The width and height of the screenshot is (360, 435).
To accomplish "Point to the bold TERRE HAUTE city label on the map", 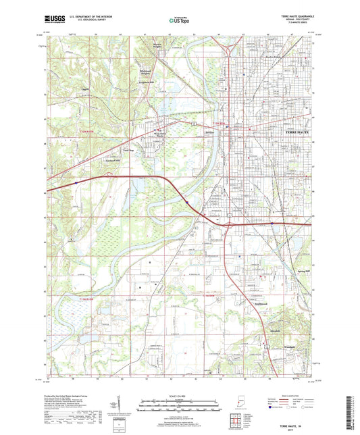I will [x=292, y=132].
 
